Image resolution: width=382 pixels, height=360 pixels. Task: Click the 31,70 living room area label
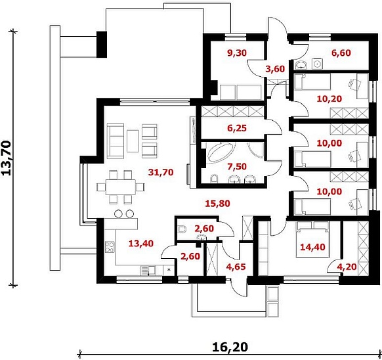(x=161, y=172)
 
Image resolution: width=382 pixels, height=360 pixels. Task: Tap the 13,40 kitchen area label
(x=141, y=243)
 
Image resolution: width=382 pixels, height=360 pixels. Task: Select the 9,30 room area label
(x=237, y=53)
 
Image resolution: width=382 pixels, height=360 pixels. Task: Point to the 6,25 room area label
(x=237, y=128)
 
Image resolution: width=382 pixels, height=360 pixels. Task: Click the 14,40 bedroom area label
(x=312, y=247)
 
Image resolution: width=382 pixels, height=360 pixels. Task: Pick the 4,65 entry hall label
(x=236, y=267)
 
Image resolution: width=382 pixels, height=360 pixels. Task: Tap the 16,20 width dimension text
(x=230, y=347)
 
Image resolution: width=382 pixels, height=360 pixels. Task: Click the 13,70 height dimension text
(x=7, y=158)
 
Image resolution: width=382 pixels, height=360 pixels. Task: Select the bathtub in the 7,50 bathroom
(x=221, y=152)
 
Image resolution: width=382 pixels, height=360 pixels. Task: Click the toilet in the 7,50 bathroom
(x=214, y=179)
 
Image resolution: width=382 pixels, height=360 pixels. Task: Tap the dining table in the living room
(x=121, y=187)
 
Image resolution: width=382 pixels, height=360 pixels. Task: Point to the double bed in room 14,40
(x=312, y=239)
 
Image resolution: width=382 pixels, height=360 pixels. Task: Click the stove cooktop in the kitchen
(x=110, y=246)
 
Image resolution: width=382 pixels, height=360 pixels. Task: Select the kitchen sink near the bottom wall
(x=148, y=271)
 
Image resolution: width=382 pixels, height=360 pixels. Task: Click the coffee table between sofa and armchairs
(x=133, y=141)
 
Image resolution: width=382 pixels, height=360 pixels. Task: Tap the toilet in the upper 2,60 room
(x=182, y=229)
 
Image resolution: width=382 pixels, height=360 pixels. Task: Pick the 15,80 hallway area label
(x=217, y=204)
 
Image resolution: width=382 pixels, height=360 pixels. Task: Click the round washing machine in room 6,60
(x=318, y=64)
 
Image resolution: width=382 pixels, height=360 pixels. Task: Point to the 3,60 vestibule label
(x=275, y=69)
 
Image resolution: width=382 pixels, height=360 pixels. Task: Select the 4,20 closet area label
(x=347, y=267)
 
